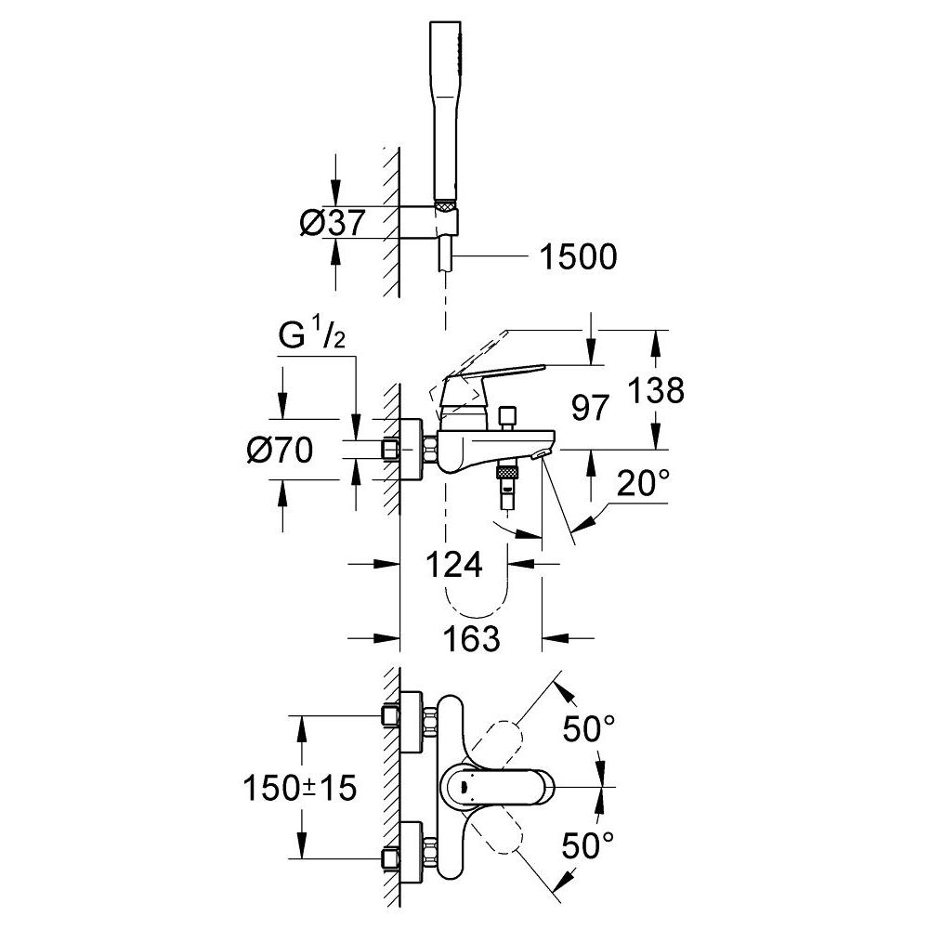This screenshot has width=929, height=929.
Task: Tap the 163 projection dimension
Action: [471, 638]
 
